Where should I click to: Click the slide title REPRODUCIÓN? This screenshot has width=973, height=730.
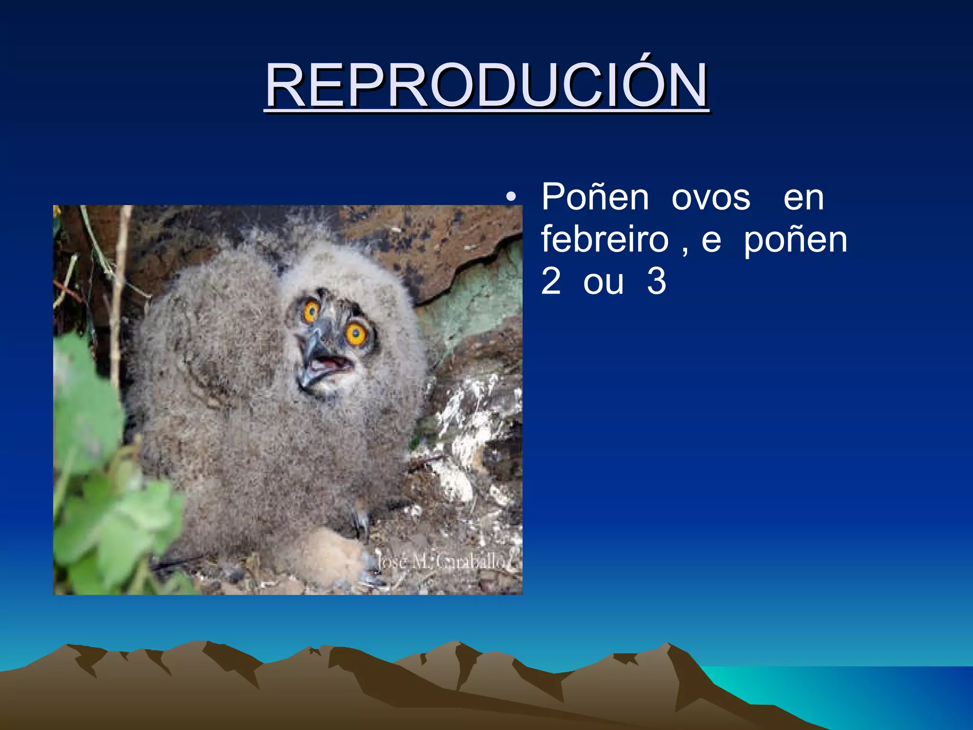[x=486, y=86]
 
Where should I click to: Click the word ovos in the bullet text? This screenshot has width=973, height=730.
[x=711, y=197]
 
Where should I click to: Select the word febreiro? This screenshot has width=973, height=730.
[x=605, y=240]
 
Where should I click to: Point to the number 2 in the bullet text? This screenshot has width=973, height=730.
[x=551, y=281]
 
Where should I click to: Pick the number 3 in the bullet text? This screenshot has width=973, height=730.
[x=657, y=281]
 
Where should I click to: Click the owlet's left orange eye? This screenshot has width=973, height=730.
[x=311, y=311]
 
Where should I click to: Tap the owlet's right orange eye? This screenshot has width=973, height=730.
[x=356, y=334]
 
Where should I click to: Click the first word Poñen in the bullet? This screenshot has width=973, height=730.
[x=595, y=197]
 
